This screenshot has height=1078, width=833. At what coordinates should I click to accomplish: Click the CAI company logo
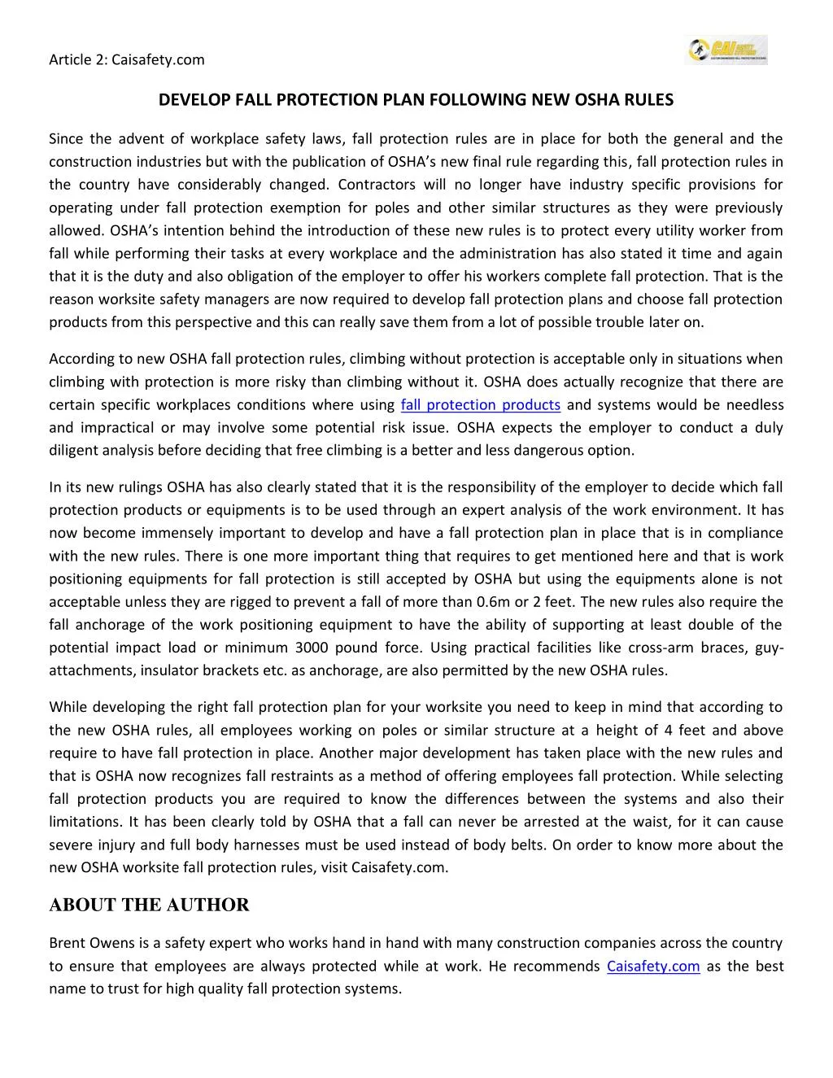tap(726, 50)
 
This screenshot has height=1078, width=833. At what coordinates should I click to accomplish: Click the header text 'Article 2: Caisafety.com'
tap(127, 59)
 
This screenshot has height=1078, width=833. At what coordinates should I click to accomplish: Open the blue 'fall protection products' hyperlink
tap(481, 405)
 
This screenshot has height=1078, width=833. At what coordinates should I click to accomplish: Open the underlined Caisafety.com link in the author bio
tap(653, 967)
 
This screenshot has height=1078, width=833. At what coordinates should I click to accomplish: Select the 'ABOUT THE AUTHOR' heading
tap(149, 906)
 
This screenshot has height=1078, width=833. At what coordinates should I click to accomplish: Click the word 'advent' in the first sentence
tap(140, 139)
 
